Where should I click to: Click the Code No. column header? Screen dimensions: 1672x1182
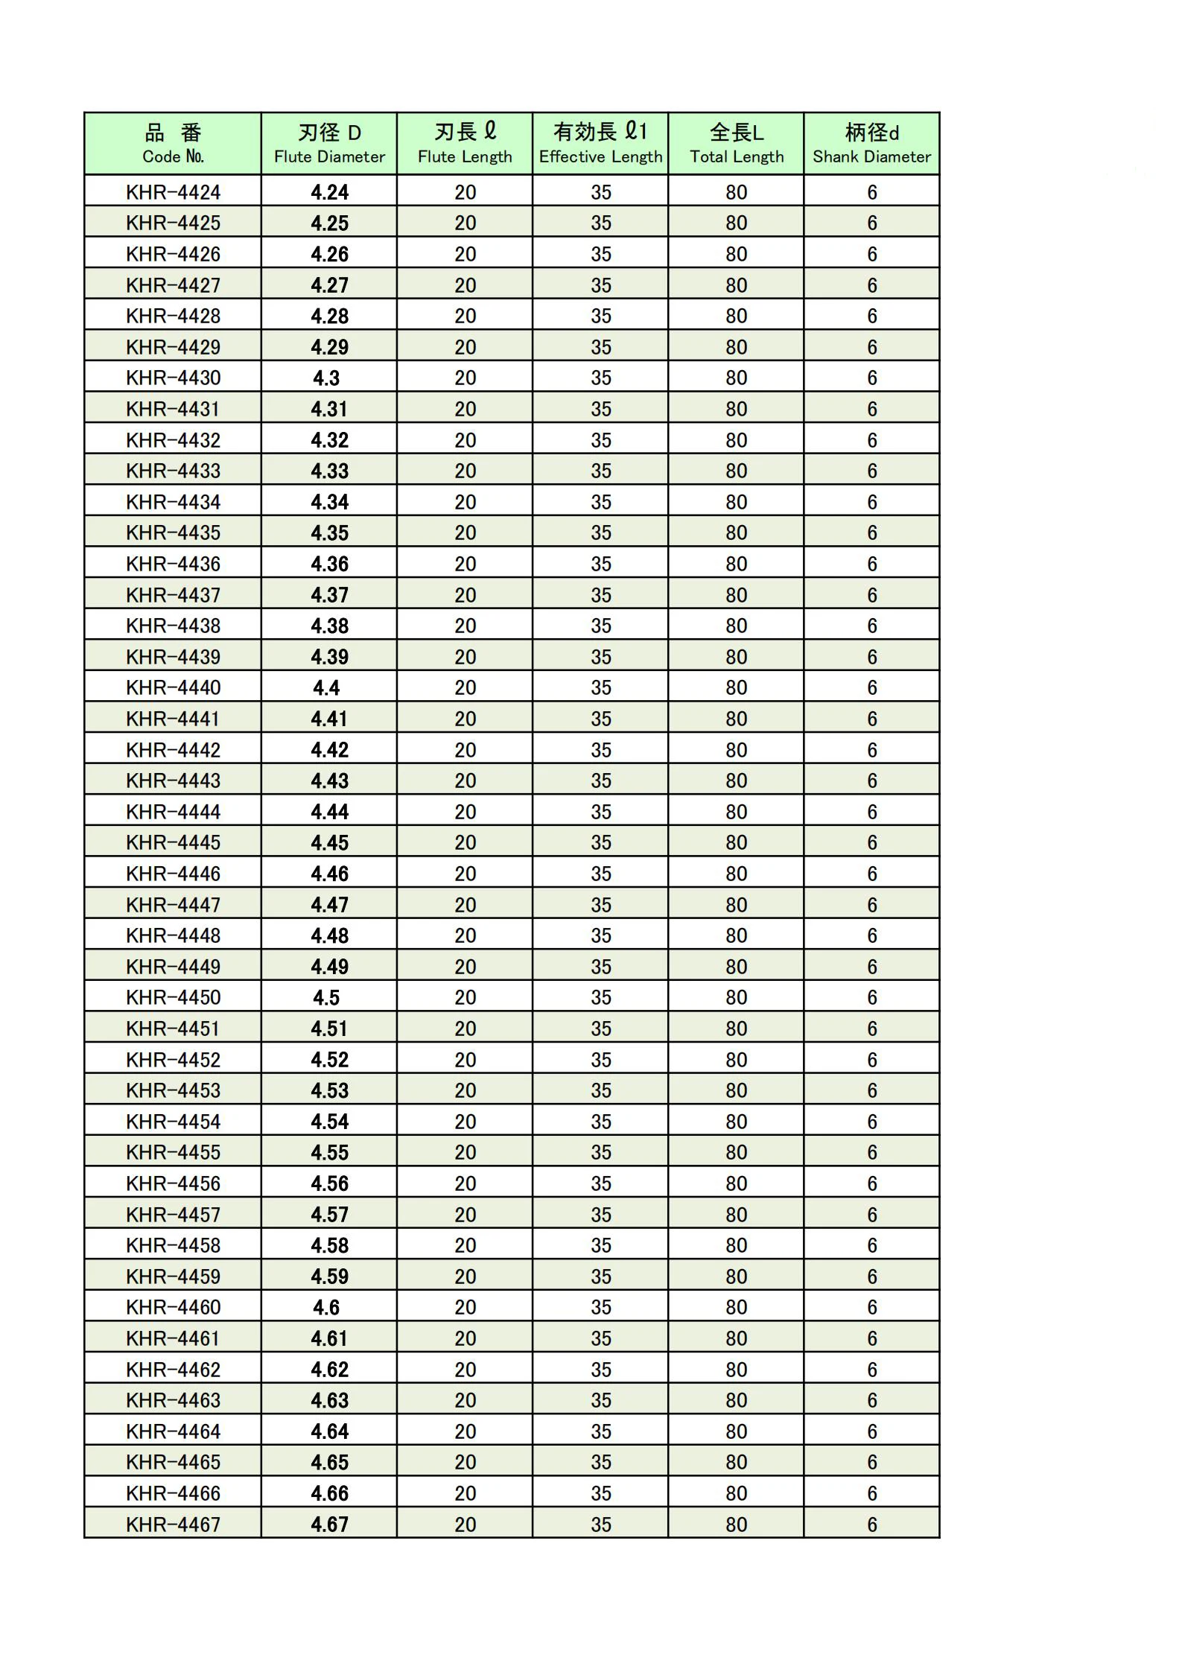[x=173, y=144]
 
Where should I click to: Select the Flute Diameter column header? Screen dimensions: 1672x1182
[x=329, y=144]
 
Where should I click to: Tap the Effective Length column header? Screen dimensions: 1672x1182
[x=600, y=144]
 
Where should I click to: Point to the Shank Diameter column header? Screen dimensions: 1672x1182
[x=871, y=144]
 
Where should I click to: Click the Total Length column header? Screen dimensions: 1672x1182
[x=737, y=144]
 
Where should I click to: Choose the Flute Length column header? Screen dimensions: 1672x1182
[x=465, y=144]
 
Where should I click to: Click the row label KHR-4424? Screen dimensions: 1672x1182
[x=173, y=192]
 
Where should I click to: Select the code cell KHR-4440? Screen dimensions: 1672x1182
[x=173, y=687]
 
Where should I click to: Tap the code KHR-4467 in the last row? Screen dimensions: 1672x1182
[x=173, y=1524]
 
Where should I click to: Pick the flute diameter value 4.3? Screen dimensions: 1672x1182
[x=326, y=378]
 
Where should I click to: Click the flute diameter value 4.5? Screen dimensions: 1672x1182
[x=326, y=997]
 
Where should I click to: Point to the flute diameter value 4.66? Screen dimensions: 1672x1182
[x=329, y=1493]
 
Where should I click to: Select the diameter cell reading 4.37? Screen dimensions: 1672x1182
[x=329, y=595]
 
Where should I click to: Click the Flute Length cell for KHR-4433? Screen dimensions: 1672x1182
[x=466, y=471]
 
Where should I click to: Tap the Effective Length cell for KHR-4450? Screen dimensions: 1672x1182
[x=601, y=997]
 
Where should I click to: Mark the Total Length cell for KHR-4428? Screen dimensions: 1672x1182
[x=737, y=316]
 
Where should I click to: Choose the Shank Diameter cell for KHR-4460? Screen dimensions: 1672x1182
[x=872, y=1307]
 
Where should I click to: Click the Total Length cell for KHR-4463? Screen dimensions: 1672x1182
[x=737, y=1400]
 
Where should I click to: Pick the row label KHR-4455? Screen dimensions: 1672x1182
[x=173, y=1152]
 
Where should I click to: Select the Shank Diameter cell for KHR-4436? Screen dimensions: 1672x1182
[x=872, y=564]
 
